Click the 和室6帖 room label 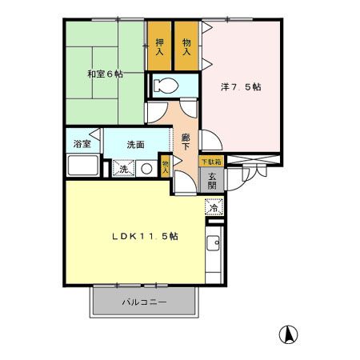click(x=105, y=74)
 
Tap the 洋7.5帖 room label click(x=241, y=87)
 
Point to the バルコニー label click(x=144, y=303)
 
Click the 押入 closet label click(x=159, y=46)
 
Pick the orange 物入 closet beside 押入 click(x=186, y=46)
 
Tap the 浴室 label click(x=82, y=144)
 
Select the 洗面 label click(x=134, y=145)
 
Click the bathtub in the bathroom click(x=82, y=167)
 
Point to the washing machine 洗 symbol click(x=123, y=168)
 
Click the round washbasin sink click(x=146, y=168)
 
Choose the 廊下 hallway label click(x=186, y=142)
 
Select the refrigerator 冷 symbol click(x=214, y=208)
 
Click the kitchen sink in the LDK click(x=214, y=243)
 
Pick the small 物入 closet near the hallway click(x=166, y=164)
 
